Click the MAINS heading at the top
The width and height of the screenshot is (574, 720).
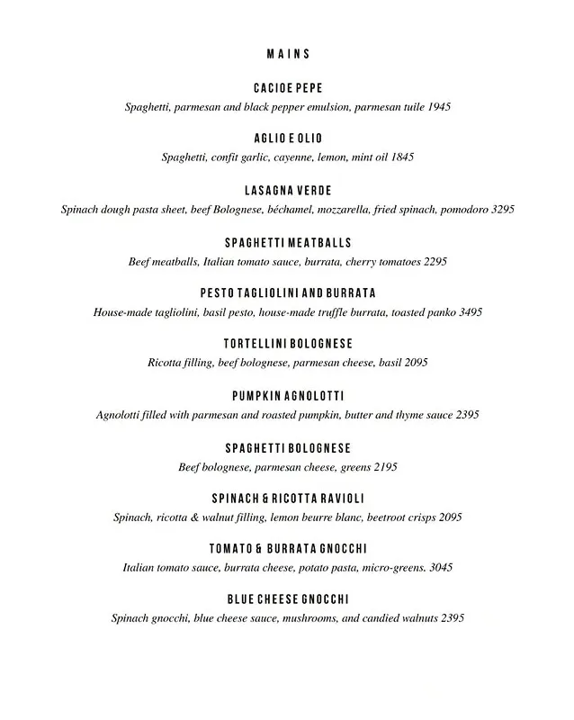288,53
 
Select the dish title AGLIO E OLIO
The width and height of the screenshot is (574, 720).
288,139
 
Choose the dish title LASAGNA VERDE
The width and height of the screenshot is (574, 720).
288,191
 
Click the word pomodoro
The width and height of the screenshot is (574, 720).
456,209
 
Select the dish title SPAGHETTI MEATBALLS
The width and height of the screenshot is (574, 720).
288,243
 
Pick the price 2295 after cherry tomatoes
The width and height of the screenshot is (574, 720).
433,262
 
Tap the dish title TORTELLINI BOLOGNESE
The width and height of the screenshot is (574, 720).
288,345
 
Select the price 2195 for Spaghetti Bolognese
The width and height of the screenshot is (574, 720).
383,467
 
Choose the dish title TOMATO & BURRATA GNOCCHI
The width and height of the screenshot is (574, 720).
288,549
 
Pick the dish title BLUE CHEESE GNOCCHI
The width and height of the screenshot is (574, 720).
288,599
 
